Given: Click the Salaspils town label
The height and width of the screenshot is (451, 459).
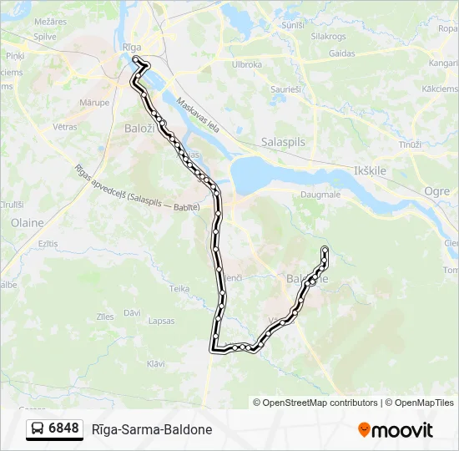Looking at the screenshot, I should coord(283,142).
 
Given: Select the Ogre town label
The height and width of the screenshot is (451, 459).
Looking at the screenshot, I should coord(437,190).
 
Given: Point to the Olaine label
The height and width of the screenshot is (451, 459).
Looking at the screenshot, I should coord(27,223).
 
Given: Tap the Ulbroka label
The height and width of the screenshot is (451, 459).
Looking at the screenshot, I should coord(247,64).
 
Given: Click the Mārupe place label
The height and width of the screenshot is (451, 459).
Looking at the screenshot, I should coord(94,103).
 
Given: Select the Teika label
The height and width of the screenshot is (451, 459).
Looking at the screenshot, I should coord(180,288).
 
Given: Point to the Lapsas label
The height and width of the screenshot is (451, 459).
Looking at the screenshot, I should coord(161,321).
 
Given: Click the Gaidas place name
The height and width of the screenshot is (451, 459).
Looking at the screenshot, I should coord(342,53).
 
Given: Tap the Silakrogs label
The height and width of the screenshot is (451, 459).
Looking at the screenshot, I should coord(327,37).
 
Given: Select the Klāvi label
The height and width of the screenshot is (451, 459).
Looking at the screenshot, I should coord(156,363).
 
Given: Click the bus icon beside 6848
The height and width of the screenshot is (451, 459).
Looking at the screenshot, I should coord(38,429).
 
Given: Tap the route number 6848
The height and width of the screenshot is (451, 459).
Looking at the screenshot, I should coord(64,429).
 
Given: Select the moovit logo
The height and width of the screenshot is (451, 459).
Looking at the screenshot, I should coord(396,429).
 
